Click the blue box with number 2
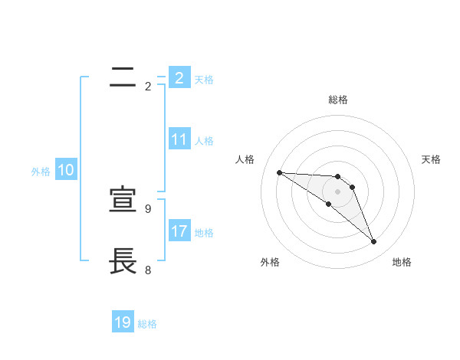[x=179, y=77]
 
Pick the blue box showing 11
[x=179, y=139]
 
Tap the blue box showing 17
[x=179, y=231]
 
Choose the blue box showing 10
[x=66, y=171]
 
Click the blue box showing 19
[x=123, y=322]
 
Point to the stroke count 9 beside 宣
[x=148, y=208]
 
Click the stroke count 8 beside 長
[x=148, y=270]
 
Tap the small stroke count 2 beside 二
[x=148, y=87]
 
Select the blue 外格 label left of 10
[x=41, y=172]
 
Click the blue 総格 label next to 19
[x=147, y=324]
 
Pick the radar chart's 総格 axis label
[x=338, y=100]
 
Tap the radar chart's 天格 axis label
[x=432, y=159]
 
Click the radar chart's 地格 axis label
[x=402, y=262]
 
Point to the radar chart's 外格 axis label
[x=270, y=262]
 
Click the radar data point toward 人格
[x=279, y=172]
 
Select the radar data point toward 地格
[x=373, y=242]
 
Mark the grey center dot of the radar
[x=337, y=191]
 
